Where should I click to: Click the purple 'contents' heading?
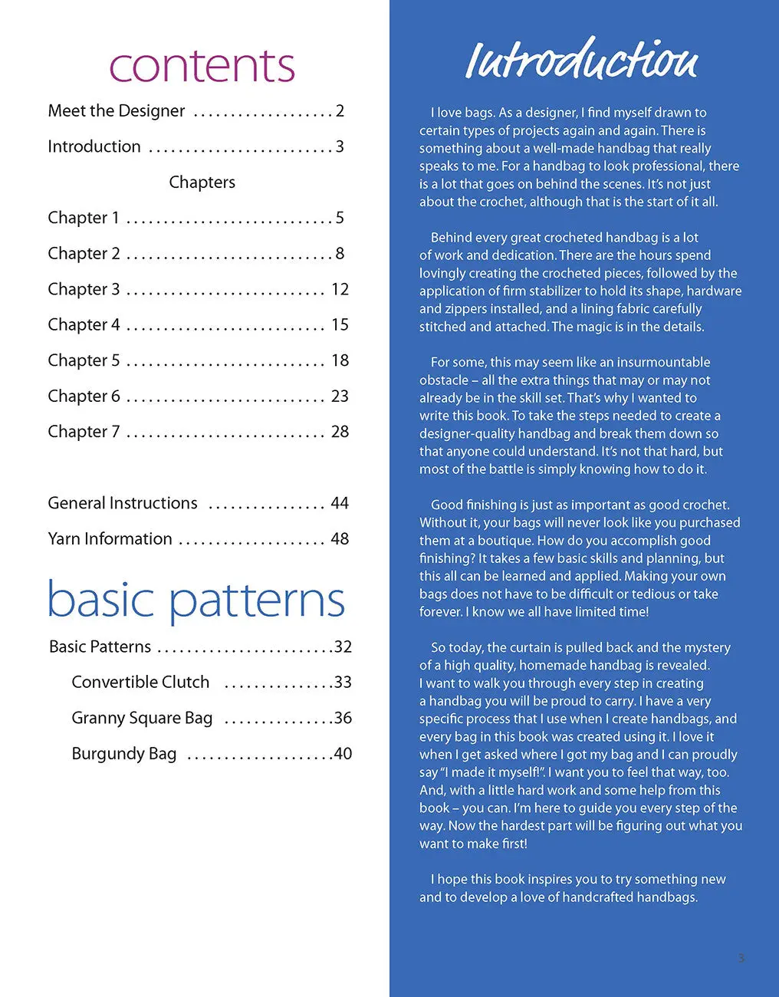click(x=202, y=66)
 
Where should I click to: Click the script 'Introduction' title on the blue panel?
click(x=582, y=59)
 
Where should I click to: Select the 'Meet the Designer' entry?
click(x=117, y=111)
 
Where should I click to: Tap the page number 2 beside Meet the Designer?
click(x=340, y=111)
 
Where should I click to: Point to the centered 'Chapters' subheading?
click(x=202, y=183)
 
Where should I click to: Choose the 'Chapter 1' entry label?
click(x=84, y=218)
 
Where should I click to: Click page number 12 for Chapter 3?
click(x=340, y=289)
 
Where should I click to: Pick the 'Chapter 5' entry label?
click(x=84, y=360)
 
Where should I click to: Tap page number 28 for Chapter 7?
click(x=340, y=432)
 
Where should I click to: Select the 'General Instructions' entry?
click(x=123, y=503)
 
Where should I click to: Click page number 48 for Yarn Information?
click(x=340, y=539)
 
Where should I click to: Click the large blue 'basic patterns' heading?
click(x=196, y=601)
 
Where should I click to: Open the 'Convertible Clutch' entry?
click(x=140, y=683)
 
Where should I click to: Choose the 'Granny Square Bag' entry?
click(x=142, y=719)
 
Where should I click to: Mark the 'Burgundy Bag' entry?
click(x=124, y=754)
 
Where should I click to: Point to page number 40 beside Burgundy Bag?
click(x=343, y=754)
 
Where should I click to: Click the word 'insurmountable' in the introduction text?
click(x=664, y=362)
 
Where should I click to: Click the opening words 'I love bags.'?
click(x=462, y=113)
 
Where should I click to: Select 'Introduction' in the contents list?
click(x=94, y=146)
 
